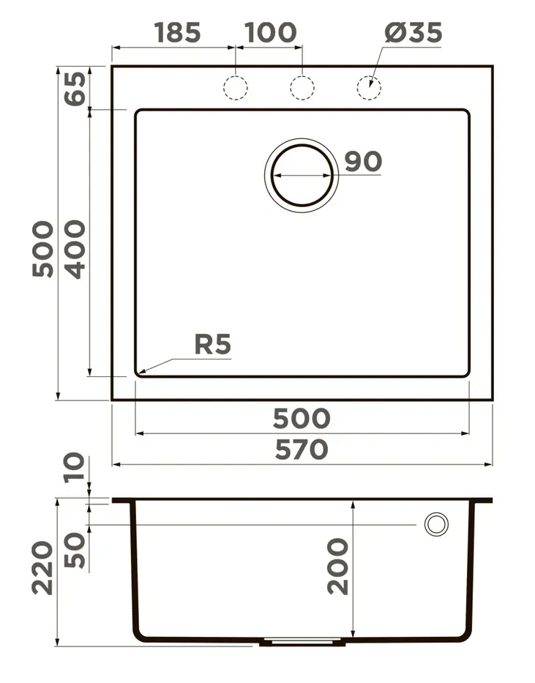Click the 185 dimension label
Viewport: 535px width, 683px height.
click(177, 32)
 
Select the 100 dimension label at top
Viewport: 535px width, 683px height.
click(270, 32)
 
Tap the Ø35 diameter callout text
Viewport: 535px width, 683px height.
click(413, 32)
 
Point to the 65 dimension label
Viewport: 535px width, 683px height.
click(75, 89)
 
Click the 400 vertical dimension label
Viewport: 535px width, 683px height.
click(75, 249)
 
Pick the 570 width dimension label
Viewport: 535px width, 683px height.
click(302, 449)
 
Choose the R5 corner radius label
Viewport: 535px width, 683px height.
click(212, 344)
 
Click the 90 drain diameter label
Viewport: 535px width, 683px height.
click(363, 161)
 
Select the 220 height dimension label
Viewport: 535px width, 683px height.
click(42, 568)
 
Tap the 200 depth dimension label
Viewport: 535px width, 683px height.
click(338, 567)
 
